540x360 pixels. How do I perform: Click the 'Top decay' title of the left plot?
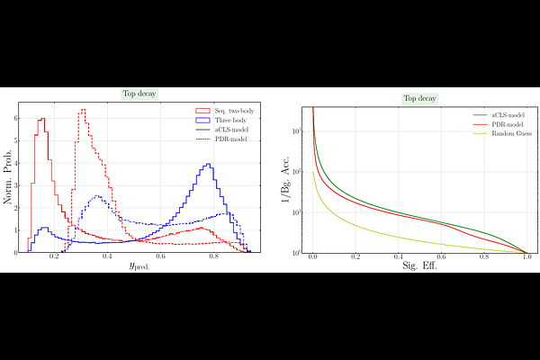point(139,94)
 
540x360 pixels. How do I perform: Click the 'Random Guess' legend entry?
point(507,133)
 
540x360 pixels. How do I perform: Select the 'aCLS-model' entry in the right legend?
point(505,115)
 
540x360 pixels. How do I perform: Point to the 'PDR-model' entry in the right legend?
point(505,124)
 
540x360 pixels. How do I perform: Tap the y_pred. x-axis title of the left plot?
point(140,268)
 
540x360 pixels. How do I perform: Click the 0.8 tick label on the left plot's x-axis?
point(213,257)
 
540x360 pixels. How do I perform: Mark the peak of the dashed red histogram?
point(82,110)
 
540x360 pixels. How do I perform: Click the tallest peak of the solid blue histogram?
point(208,164)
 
